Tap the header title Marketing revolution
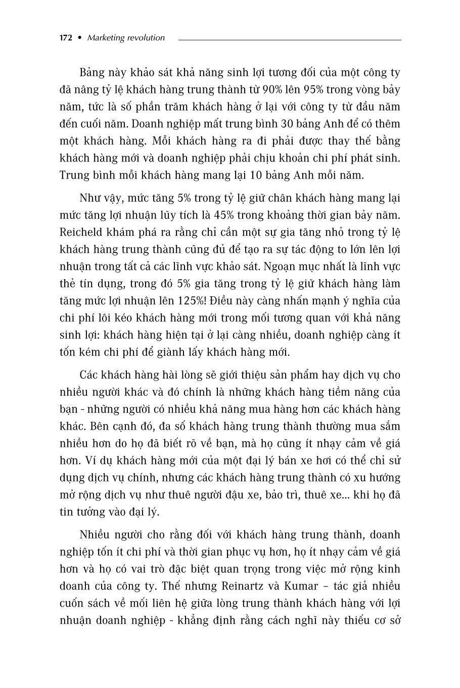pyautogui.click(x=126, y=38)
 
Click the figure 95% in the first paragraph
pyautogui.click(x=316, y=90)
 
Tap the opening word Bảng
pyautogui.click(x=91, y=73)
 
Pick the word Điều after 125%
pyautogui.click(x=223, y=301)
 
